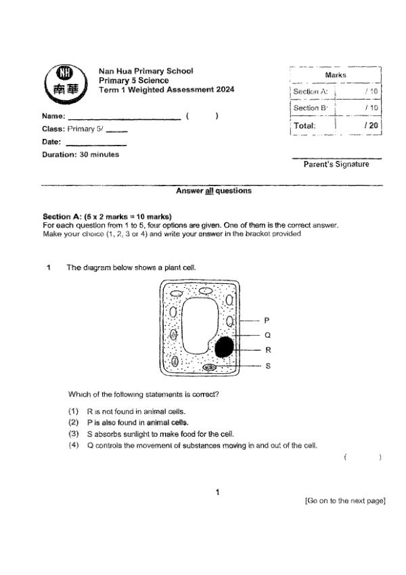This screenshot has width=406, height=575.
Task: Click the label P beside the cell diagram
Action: pos(267,320)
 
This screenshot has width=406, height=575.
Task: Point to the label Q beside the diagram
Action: pos(267,335)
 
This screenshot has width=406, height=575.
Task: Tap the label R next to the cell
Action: pos(267,350)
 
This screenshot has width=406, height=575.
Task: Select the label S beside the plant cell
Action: pos(267,366)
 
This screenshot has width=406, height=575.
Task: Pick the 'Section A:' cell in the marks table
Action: pos(311,91)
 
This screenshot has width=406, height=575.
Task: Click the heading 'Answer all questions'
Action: pos(213,191)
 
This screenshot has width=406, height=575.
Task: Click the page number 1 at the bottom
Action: pos(217,492)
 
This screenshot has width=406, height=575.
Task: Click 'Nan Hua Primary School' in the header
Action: pos(145,71)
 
